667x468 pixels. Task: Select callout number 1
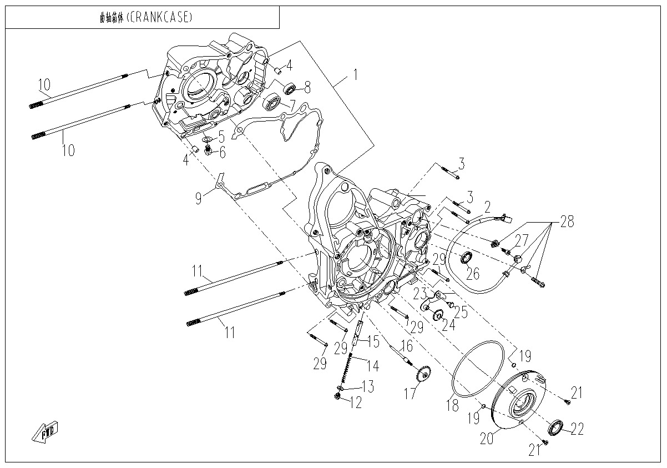click(x=356, y=74)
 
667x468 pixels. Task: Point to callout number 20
click(x=486, y=439)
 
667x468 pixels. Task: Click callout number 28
click(x=567, y=222)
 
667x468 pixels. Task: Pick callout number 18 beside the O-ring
click(x=454, y=405)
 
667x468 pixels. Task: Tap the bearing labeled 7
click(x=272, y=102)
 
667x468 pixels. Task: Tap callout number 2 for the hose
click(x=487, y=208)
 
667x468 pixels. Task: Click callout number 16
click(x=407, y=346)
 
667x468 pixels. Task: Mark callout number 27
click(x=521, y=240)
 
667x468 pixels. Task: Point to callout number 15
click(x=373, y=341)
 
